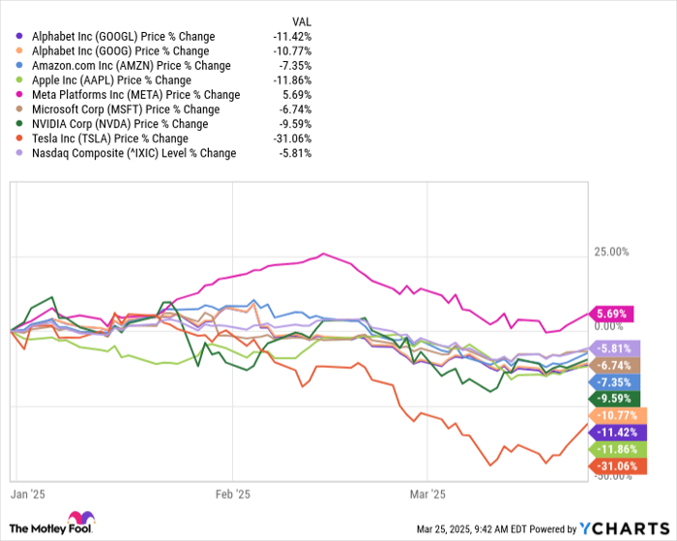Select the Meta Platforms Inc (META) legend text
tap(136, 95)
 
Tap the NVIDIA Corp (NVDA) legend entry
tap(120, 124)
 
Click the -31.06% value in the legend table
tap(291, 138)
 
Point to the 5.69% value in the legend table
tap(296, 95)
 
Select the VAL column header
tap(302, 21)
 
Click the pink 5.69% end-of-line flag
tap(611, 314)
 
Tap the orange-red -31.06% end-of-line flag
tap(611, 466)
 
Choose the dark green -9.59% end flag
tap(611, 397)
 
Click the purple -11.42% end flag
tap(611, 432)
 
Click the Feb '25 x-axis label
tap(232, 492)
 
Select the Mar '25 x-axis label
tap(427, 492)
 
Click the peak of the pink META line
tap(323, 255)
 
